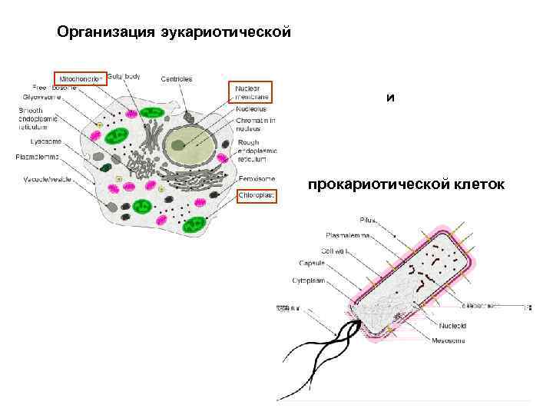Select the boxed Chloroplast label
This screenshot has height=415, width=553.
click(x=256, y=196)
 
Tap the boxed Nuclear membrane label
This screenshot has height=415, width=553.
click(x=250, y=92)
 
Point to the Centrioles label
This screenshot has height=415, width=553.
click(x=177, y=78)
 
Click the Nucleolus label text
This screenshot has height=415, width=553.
click(x=251, y=110)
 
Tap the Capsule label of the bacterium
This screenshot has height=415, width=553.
click(x=311, y=263)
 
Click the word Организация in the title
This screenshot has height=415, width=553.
click(x=108, y=33)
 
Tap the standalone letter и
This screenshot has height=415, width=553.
click(x=391, y=98)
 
